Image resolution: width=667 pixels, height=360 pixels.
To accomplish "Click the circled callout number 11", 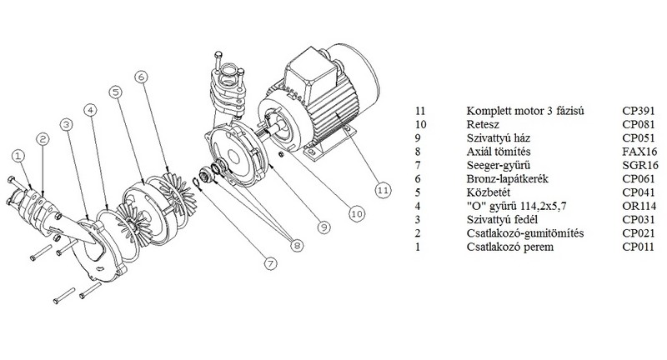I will pos(382,190).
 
